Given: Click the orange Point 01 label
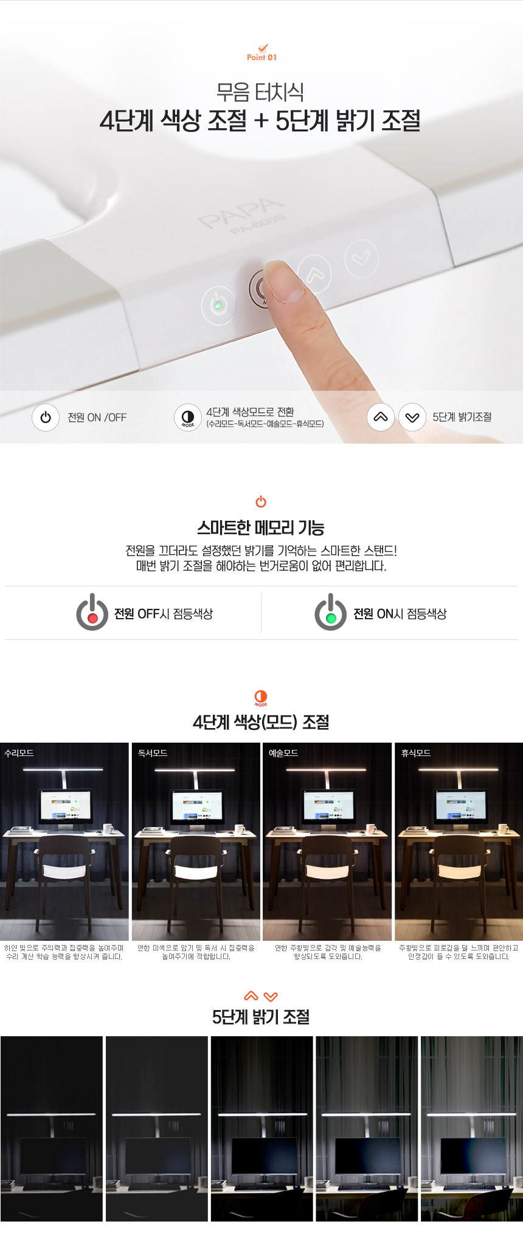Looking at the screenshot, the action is [261, 57].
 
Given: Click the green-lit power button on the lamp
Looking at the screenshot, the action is [218, 304].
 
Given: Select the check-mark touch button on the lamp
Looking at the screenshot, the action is [361, 258].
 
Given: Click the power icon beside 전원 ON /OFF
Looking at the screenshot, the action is [46, 418].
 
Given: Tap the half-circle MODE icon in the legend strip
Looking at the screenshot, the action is [188, 418].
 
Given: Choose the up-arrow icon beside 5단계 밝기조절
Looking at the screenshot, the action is [381, 418].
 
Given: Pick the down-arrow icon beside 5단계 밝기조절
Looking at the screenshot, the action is [412, 418].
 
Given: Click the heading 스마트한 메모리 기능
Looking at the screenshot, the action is [261, 528].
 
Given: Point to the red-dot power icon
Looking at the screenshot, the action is [92, 612].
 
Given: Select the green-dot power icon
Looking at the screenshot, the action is [330, 612].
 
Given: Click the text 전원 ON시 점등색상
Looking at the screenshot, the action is [400, 614].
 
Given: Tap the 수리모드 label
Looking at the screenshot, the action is [19, 752].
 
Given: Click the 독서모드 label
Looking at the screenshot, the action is [152, 752].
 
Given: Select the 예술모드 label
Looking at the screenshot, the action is [283, 752].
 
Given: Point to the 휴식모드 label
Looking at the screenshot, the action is [416, 752].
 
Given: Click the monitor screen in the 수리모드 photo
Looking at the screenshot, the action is [65, 806].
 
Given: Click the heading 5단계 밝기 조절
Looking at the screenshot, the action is [261, 1017].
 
